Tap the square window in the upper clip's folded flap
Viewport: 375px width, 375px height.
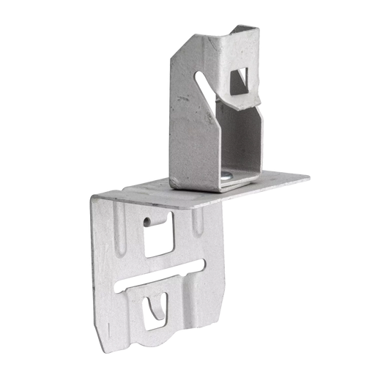coord(240,80)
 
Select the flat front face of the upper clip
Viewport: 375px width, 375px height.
coord(190,139)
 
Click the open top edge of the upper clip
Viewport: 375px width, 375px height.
coord(249,29)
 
